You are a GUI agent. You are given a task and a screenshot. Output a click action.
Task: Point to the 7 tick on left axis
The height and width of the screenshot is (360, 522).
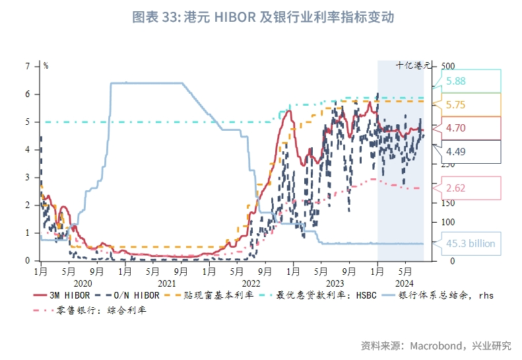pyautogui.click(x=28, y=66)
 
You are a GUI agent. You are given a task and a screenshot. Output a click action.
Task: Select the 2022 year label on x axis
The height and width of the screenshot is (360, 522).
pyautogui.click(x=251, y=281)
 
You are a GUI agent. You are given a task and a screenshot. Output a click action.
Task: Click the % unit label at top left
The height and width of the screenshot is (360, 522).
pyautogui.click(x=46, y=65)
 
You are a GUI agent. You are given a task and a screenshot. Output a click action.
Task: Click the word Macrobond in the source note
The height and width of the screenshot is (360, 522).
pyautogui.click(x=435, y=345)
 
